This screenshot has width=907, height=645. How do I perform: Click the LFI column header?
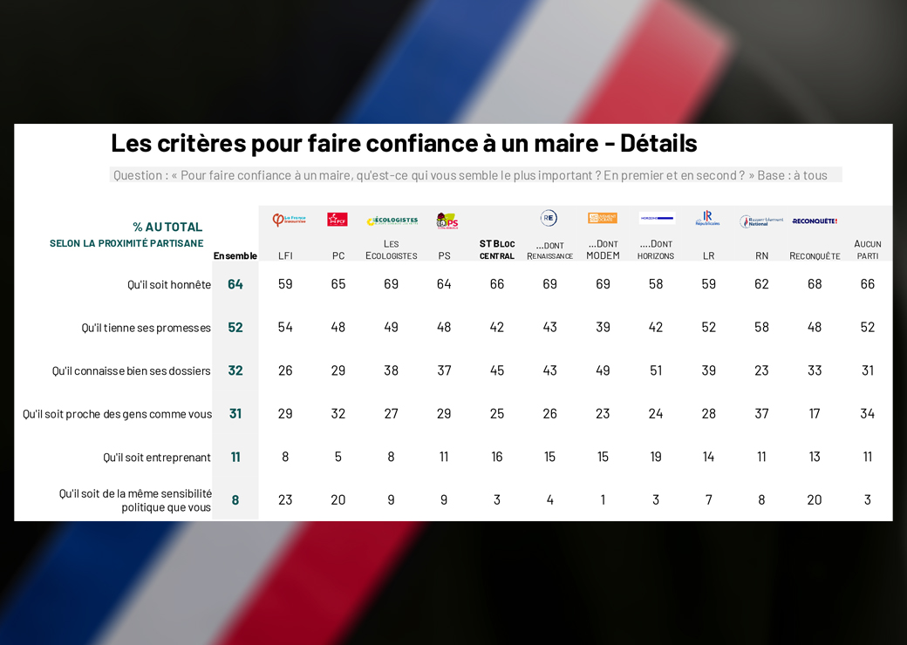[285, 255]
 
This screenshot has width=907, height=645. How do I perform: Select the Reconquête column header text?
[815, 255]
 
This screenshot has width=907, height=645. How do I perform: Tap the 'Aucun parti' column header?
[867, 249]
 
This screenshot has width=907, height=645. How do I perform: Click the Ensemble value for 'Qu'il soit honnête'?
[235, 284]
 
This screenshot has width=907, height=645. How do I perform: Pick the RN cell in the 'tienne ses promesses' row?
[761, 327]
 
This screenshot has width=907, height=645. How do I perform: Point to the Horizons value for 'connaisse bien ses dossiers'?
[656, 370]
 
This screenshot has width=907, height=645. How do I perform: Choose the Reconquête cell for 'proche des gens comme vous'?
[815, 413]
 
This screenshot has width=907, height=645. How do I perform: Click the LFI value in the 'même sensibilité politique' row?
[285, 499]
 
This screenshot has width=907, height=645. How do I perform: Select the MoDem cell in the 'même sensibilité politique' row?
[603, 499]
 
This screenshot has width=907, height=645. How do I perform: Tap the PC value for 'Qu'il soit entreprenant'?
[338, 457]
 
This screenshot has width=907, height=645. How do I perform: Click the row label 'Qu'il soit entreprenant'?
[157, 458]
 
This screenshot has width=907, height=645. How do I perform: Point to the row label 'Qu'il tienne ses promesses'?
[146, 328]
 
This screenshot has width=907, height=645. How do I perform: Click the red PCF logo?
[338, 220]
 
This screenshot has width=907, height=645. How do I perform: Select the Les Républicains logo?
[707, 219]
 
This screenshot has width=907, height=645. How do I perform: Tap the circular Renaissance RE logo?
[549, 218]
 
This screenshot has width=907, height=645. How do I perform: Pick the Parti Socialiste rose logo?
[447, 221]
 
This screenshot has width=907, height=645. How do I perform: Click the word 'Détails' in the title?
[658, 142]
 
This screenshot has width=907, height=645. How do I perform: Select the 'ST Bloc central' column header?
[497, 249]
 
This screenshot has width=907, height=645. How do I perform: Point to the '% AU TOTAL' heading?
[167, 227]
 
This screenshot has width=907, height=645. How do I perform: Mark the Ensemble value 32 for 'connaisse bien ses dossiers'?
[235, 370]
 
